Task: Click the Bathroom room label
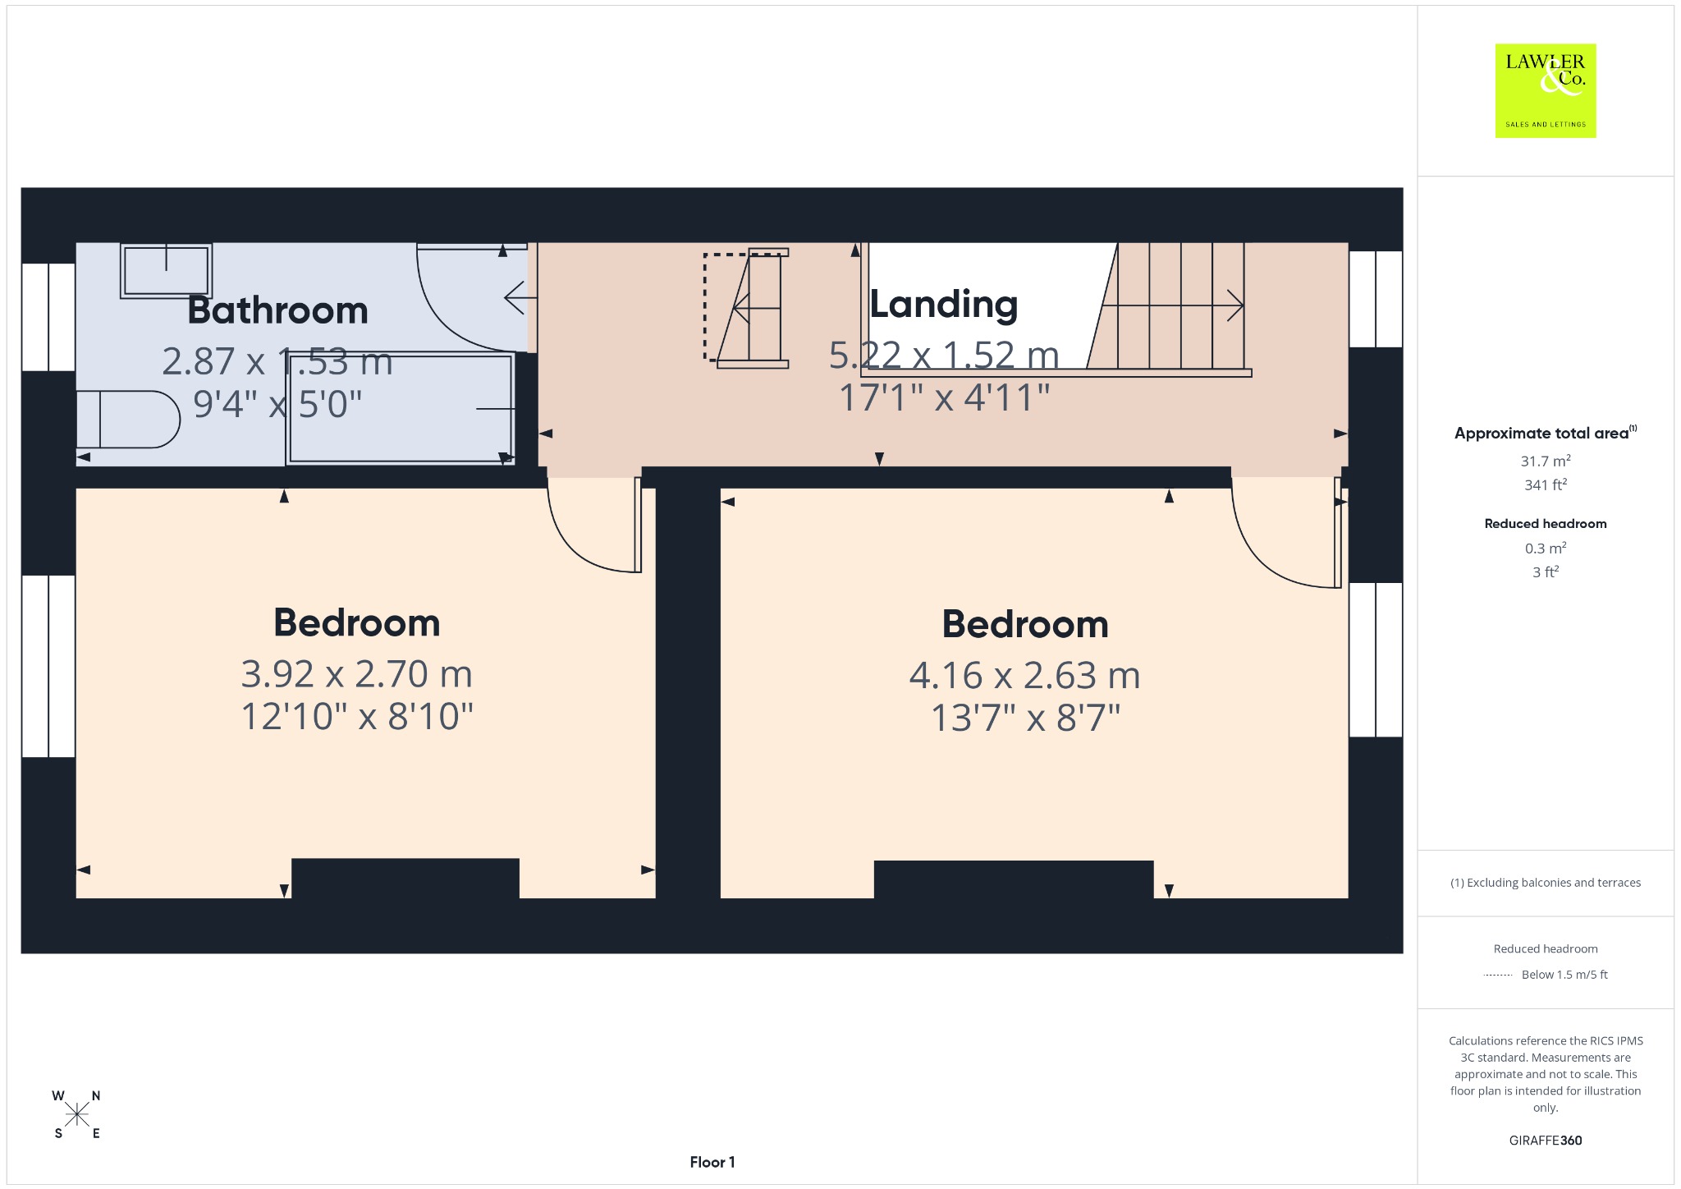277,310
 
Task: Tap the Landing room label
944,305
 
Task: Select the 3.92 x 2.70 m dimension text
357,674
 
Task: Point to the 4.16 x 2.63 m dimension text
1025,676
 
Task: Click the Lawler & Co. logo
1546,90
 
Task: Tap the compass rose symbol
77,1114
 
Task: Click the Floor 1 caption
712,1162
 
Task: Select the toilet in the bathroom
128,420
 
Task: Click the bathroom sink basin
167,270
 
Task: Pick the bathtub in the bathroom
401,409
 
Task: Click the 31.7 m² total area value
1546,461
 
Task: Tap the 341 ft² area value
1546,484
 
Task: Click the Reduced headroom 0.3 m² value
1546,548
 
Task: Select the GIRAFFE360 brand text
1546,1140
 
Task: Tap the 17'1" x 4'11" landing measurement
945,397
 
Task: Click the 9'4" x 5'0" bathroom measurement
277,404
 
